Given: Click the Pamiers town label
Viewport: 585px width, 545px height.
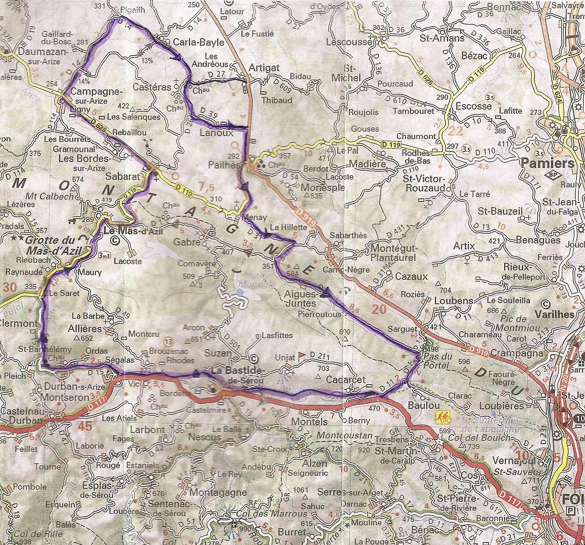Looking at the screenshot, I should click(x=547, y=163).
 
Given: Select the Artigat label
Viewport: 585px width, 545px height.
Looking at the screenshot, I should click(x=263, y=67).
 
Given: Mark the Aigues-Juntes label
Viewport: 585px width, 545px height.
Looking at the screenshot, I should click(x=300, y=299).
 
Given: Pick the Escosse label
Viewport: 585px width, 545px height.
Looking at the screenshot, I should click(x=474, y=106).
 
